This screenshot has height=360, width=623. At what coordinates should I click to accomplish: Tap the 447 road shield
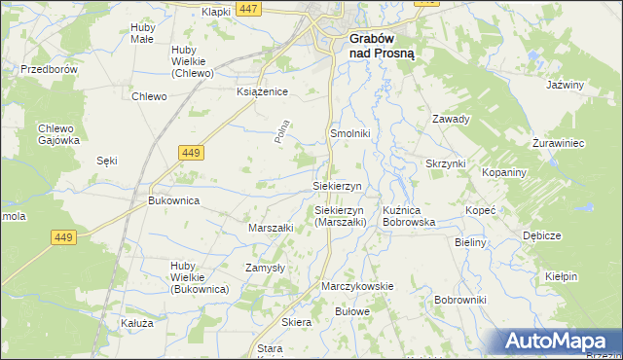tap(248, 9)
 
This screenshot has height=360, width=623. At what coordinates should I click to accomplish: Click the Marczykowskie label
tap(357, 286)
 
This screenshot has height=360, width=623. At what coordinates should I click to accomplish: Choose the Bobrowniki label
tap(460, 300)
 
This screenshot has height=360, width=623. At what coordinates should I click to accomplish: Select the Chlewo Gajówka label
tap(58, 134)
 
